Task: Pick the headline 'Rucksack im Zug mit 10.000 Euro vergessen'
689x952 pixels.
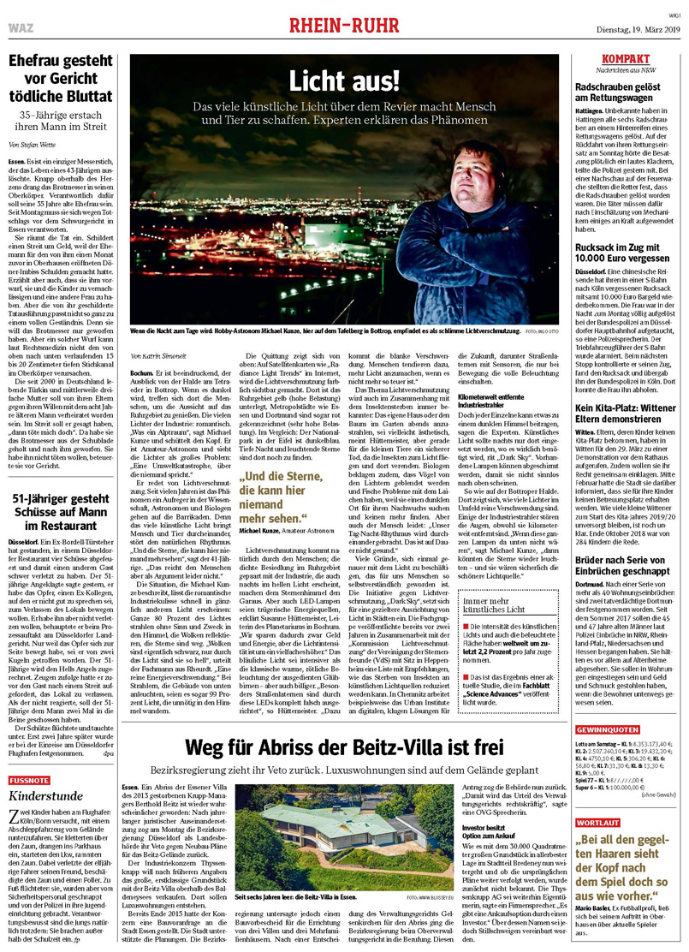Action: [x=627, y=254]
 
